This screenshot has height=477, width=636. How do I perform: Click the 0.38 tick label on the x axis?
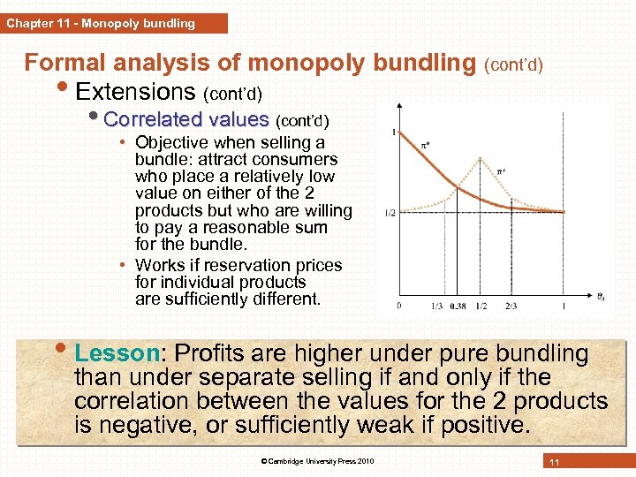coord(457,306)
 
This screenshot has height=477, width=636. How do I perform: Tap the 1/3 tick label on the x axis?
coord(437,306)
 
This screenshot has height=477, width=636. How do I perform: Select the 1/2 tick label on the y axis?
coord(390,213)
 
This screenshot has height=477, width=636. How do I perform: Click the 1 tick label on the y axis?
coord(393,132)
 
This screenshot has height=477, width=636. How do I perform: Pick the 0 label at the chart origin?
coord(399,306)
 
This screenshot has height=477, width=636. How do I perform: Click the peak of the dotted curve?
coord(481,159)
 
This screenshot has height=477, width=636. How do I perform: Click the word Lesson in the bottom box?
coord(116,353)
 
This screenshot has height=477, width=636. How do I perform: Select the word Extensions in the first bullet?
coord(135,91)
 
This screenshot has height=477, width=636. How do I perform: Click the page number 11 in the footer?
coord(555,463)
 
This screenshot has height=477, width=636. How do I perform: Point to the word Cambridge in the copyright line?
coord(306,462)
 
